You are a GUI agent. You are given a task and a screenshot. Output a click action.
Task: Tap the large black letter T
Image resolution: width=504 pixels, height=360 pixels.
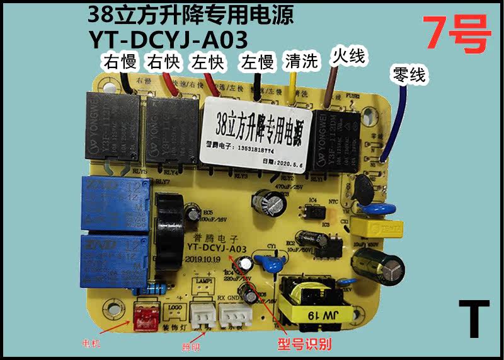473,313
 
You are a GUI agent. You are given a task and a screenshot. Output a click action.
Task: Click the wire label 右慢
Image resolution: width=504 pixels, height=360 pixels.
120,62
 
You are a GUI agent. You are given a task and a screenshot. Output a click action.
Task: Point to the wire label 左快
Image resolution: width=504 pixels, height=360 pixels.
207,62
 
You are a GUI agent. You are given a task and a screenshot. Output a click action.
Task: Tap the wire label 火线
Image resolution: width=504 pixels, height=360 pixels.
348,57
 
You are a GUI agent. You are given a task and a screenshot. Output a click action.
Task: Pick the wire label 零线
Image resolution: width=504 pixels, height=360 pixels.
409,75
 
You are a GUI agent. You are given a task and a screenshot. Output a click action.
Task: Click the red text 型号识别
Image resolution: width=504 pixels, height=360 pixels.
305,345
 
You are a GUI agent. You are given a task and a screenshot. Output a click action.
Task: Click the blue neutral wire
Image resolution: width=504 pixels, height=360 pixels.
394,126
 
